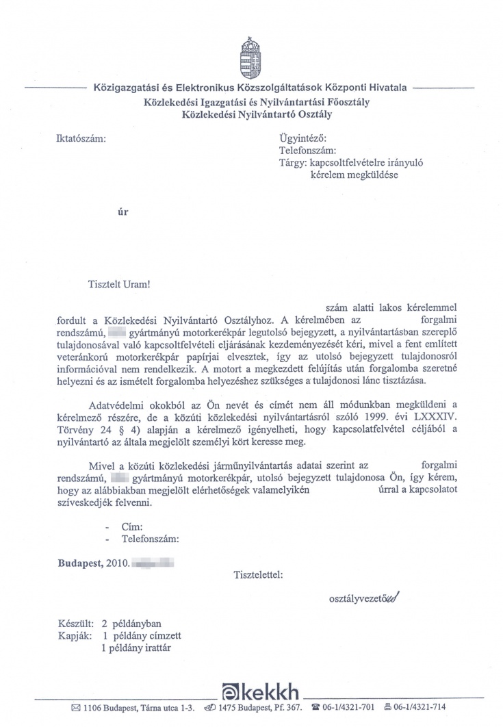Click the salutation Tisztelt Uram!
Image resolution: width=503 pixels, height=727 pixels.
pyautogui.click(x=118, y=283)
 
